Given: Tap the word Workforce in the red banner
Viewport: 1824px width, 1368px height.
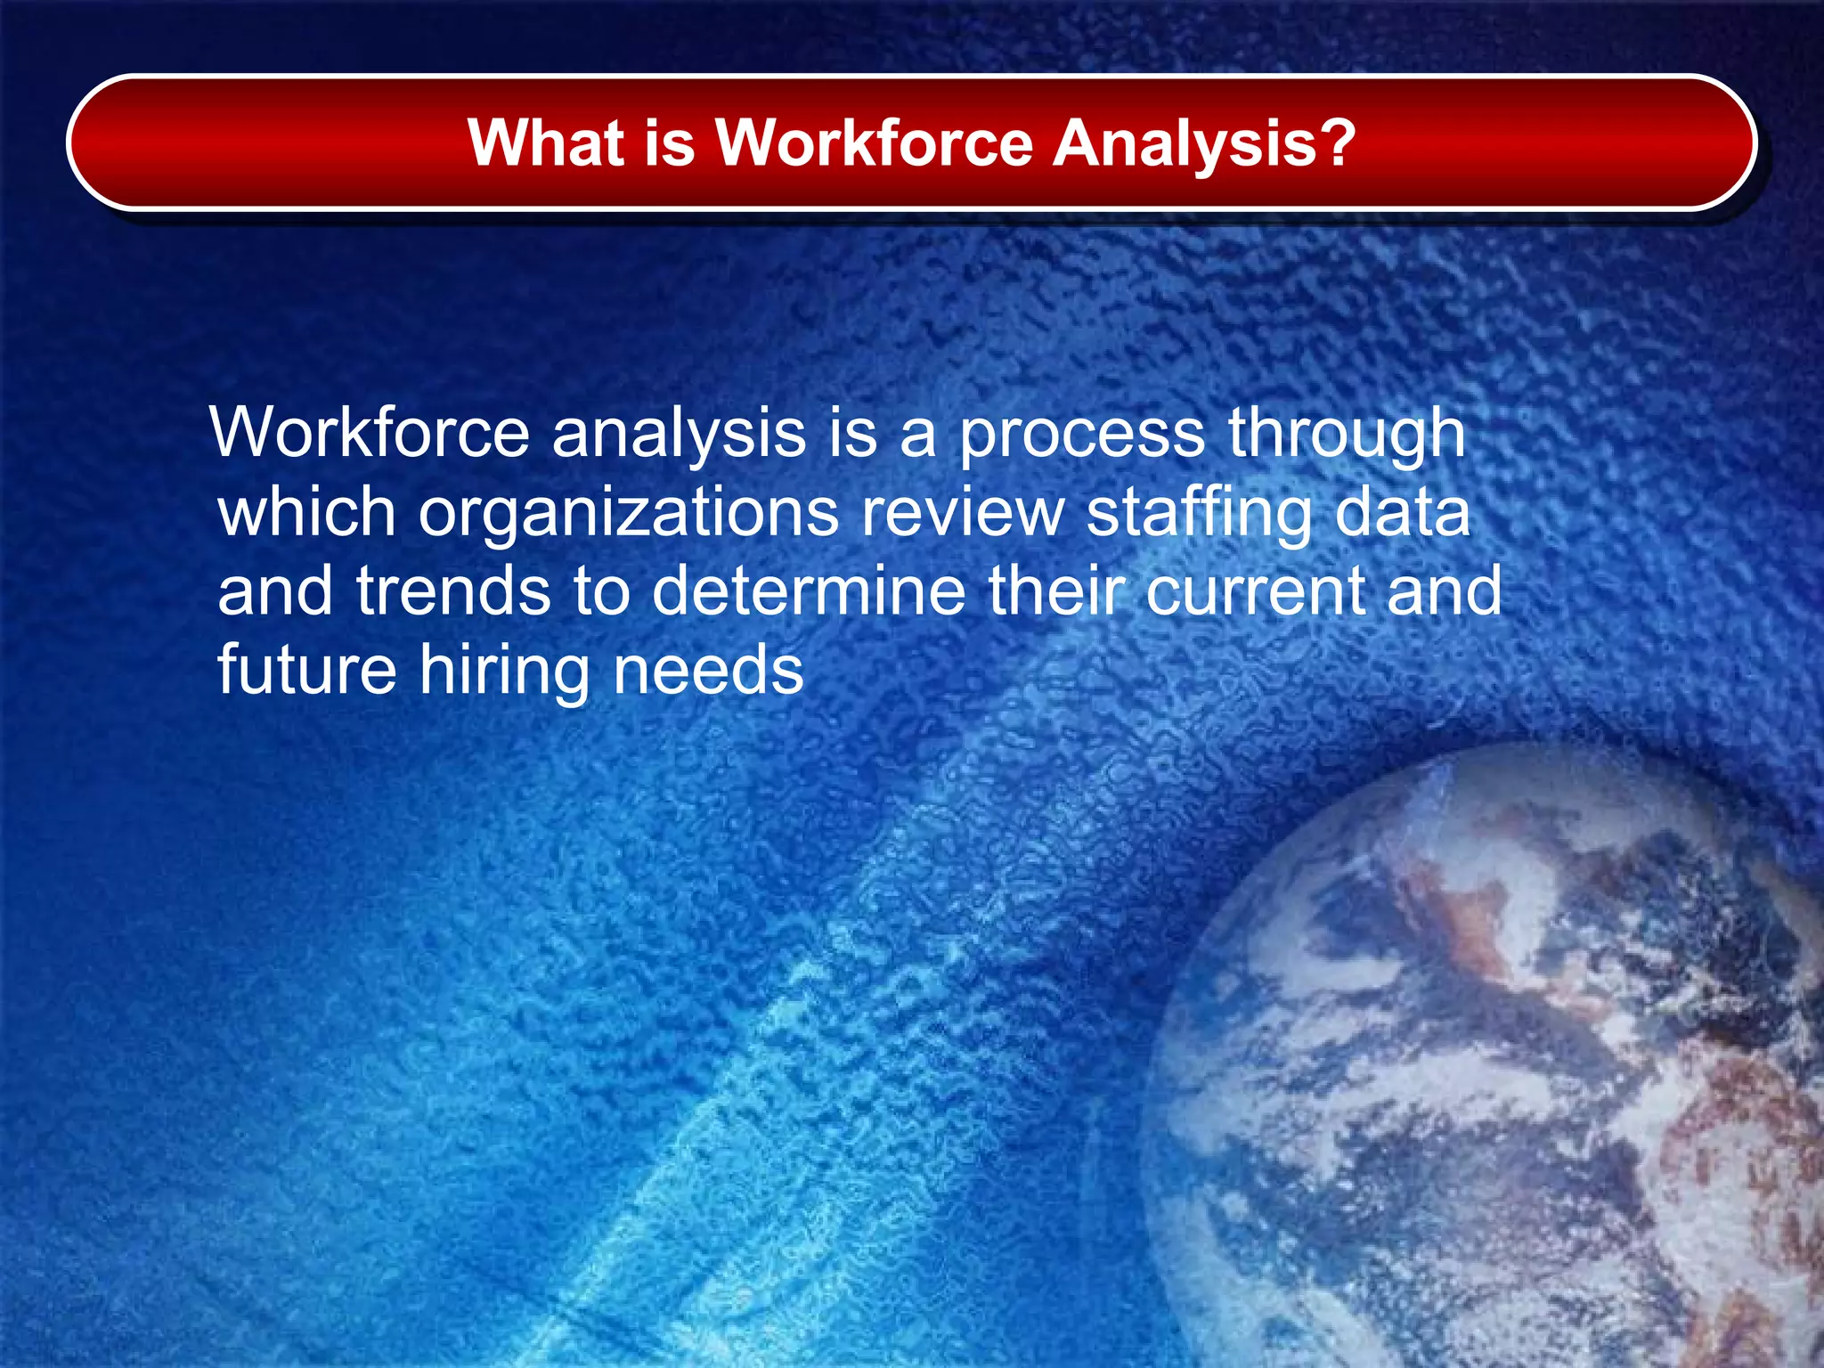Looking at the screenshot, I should click(875, 142).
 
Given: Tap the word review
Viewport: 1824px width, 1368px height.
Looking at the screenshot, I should click(962, 513).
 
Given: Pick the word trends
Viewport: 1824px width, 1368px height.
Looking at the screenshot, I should click(453, 591).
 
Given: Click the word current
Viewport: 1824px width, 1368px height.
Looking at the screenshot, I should click(1254, 593).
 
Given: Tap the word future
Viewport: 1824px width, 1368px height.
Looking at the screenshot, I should click(306, 670).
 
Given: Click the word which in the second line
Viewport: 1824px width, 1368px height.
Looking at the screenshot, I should click(306, 513).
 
